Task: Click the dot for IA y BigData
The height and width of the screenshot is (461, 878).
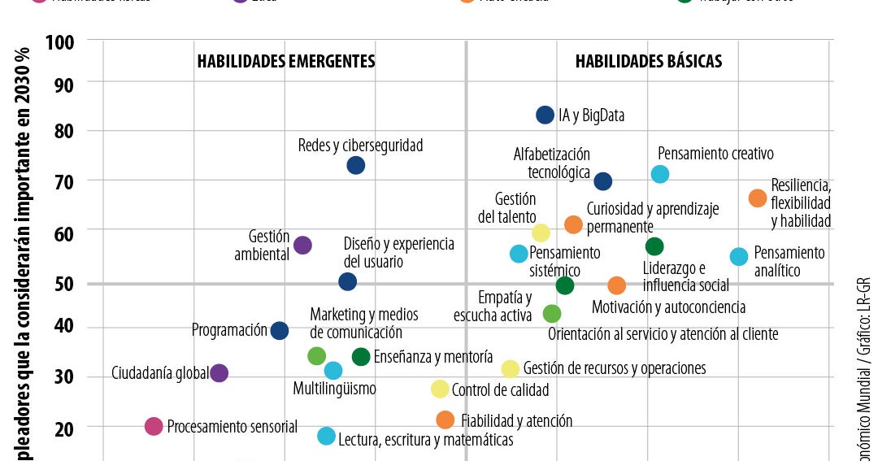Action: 545,115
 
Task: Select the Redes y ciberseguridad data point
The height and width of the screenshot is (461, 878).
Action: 355,165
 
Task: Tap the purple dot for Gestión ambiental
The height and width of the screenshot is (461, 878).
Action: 302,245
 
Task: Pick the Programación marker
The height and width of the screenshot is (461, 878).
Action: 279,330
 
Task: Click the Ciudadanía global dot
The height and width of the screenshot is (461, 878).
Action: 219,373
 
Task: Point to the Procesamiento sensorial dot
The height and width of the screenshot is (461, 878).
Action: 154,426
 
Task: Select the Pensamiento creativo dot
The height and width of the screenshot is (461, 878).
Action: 660,173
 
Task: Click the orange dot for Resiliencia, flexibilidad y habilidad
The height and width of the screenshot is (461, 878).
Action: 758,198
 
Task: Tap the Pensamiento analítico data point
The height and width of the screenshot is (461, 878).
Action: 739,256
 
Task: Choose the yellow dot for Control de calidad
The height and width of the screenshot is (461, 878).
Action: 440,389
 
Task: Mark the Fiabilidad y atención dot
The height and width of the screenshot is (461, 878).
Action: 445,420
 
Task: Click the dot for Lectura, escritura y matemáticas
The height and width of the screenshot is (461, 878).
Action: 326,436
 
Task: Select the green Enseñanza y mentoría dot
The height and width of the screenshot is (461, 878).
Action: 361,356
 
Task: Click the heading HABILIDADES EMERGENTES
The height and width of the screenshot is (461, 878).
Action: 286,62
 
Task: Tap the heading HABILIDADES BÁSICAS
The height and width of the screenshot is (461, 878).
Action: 649,62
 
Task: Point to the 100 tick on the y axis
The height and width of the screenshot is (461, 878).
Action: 60,41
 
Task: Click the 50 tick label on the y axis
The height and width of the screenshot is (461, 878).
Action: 64,284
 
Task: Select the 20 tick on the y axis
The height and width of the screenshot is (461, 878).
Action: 64,428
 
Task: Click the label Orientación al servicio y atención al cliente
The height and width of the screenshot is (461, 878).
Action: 663,334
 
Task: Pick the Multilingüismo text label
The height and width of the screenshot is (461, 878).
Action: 334,389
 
